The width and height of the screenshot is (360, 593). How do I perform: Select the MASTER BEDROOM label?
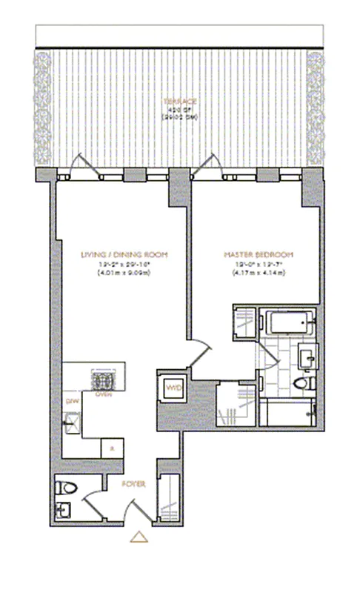pyautogui.click(x=254, y=254)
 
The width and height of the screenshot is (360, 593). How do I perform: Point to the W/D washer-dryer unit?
pyautogui.click(x=173, y=388)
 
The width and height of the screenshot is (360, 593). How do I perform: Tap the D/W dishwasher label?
pyautogui.click(x=72, y=401)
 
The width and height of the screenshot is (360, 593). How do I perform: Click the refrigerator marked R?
pyautogui.click(x=110, y=448)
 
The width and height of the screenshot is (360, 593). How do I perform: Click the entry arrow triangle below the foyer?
pyautogui.click(x=138, y=537)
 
